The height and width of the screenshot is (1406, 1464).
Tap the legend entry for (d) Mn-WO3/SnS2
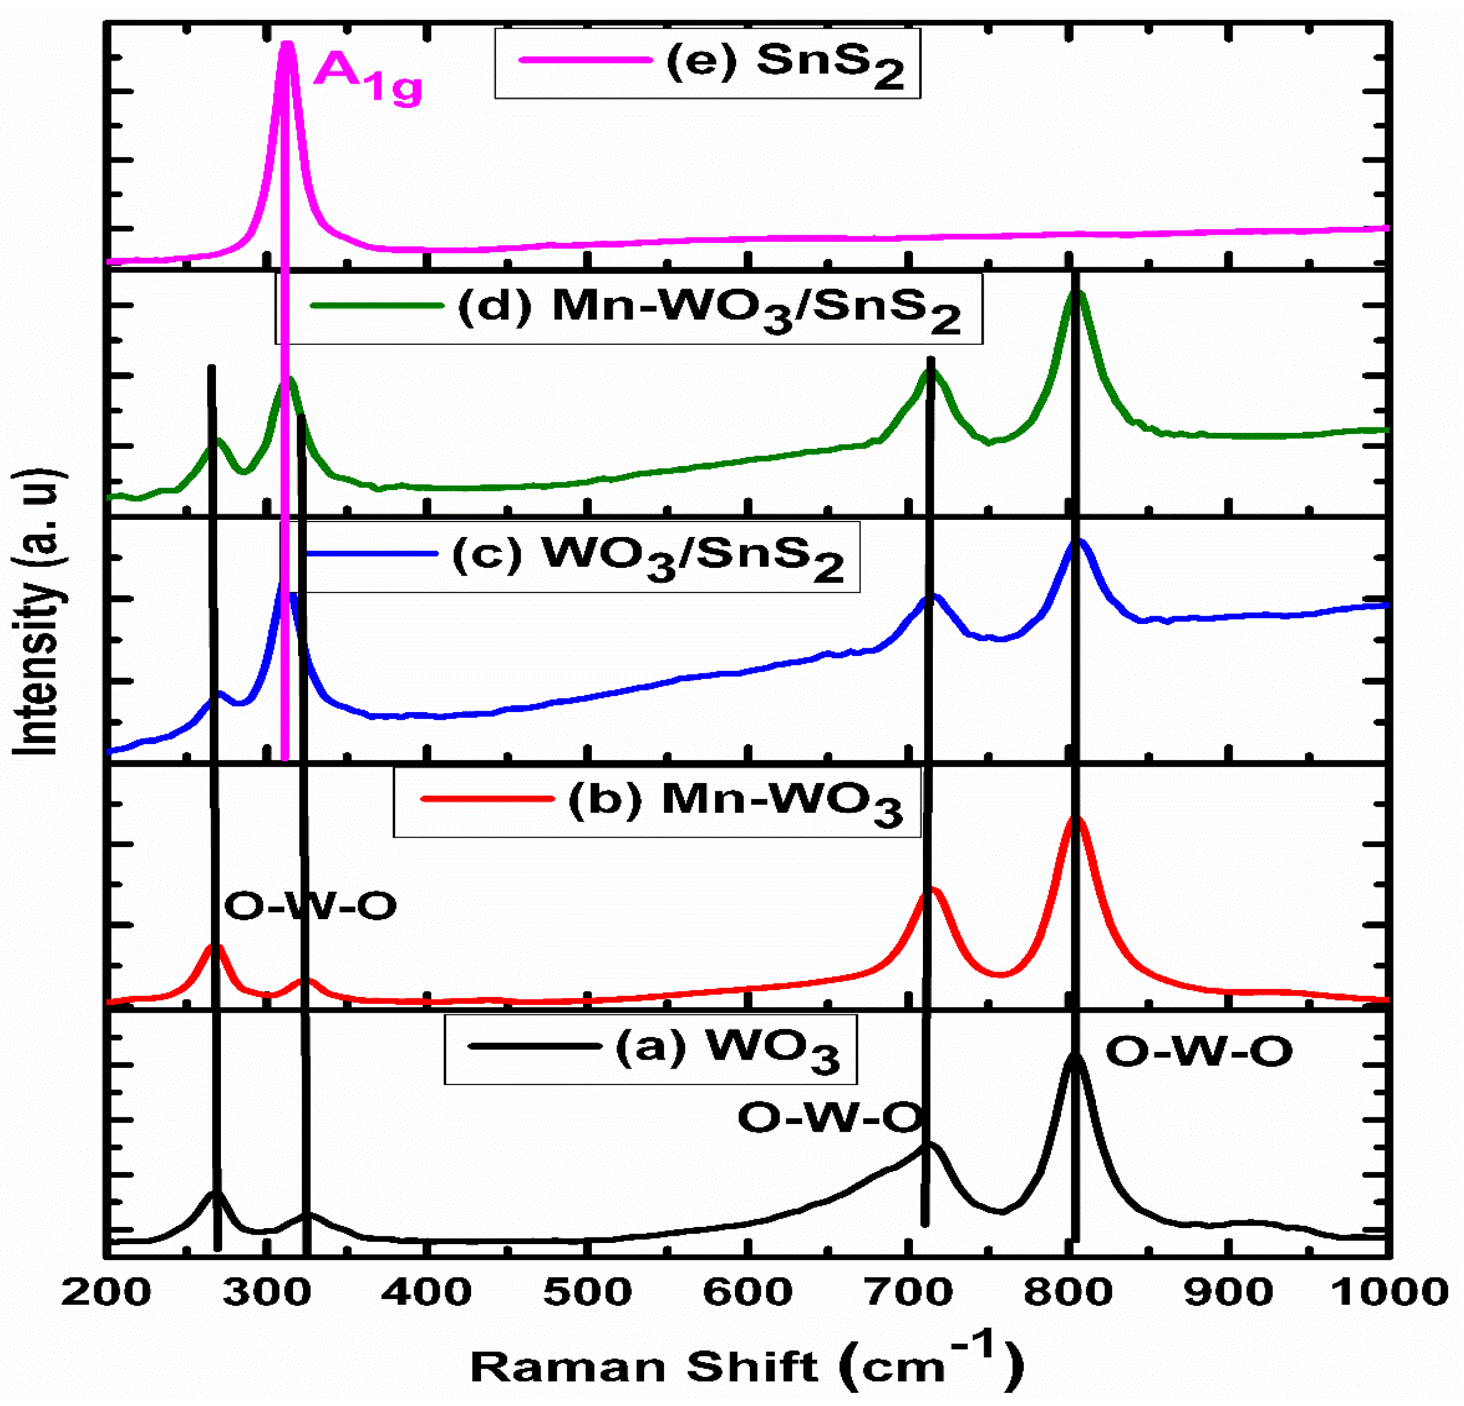point(628,308)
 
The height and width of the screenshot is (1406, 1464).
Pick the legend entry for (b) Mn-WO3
point(657,803)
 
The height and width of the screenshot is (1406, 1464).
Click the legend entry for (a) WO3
point(650,1049)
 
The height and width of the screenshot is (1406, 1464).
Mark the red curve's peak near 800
point(1076,821)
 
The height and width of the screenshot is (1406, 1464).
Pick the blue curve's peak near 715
point(931,598)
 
